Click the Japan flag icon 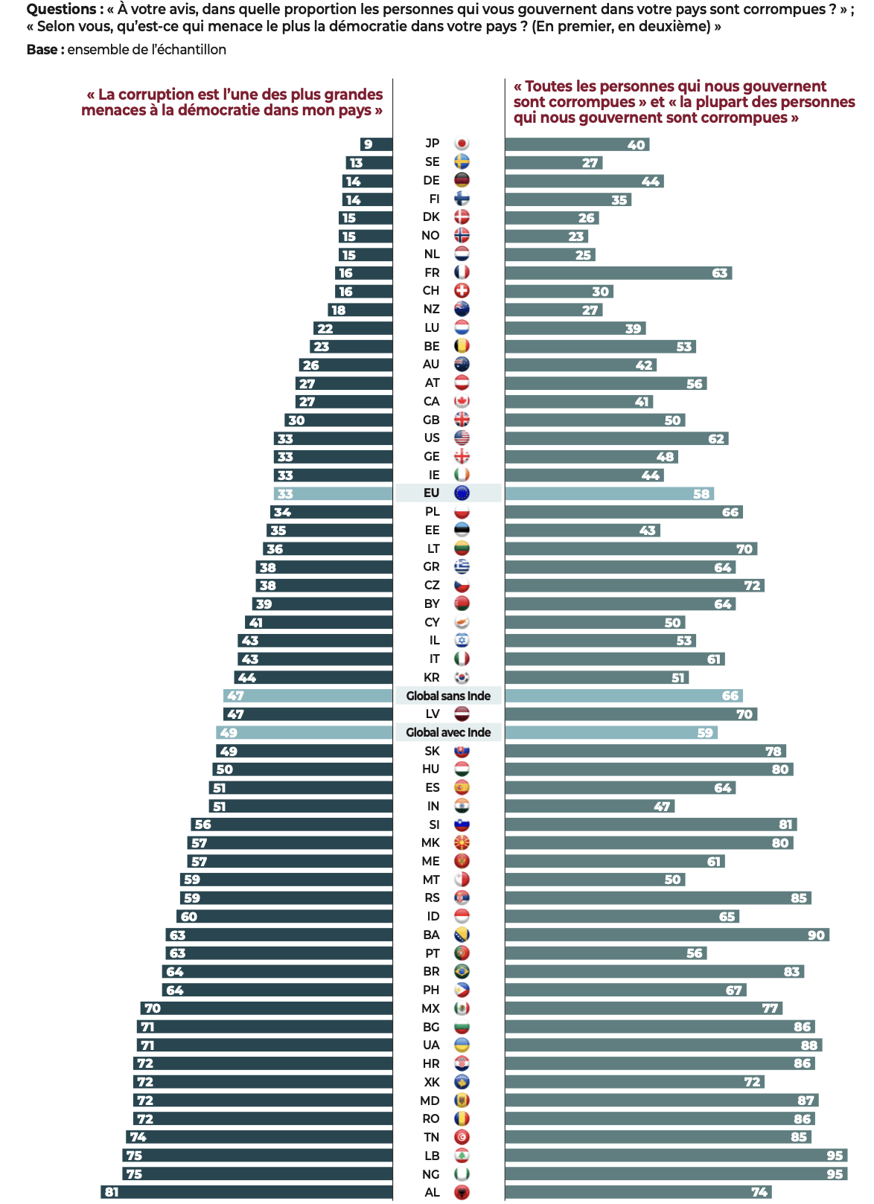[x=462, y=144]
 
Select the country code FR [x=432, y=272]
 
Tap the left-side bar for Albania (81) [x=246, y=1192]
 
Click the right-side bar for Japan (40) [x=577, y=144]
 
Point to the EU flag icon [x=462, y=493]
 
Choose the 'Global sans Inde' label [x=448, y=696]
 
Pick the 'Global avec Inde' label [x=448, y=732]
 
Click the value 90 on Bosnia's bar [x=816, y=935]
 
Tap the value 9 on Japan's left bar [x=368, y=144]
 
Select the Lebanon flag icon [x=462, y=1156]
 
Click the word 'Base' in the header [x=42, y=50]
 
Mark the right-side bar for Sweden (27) [x=553, y=162]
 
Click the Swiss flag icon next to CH [x=462, y=291]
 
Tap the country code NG [x=431, y=1174]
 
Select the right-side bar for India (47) [x=590, y=806]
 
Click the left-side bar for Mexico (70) [x=266, y=1008]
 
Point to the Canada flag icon [x=462, y=401]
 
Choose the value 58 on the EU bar [x=701, y=493]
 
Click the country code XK [x=432, y=1082]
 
